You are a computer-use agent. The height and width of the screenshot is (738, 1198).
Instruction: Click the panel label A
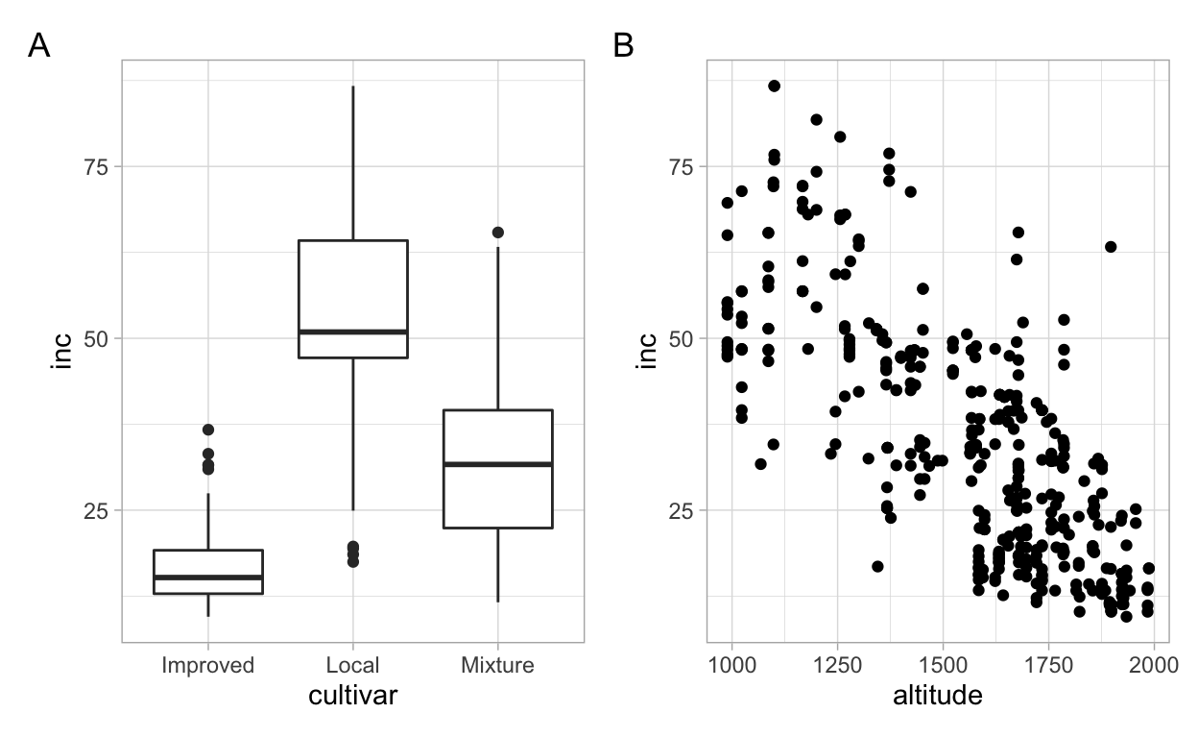[x=38, y=45]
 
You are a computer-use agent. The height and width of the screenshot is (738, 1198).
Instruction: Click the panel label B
[x=623, y=45]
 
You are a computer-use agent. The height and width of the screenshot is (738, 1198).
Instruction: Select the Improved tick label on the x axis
[x=207, y=665]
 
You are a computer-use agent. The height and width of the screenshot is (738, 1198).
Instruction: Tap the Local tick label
[x=352, y=665]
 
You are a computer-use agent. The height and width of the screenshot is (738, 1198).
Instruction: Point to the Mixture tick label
[x=497, y=665]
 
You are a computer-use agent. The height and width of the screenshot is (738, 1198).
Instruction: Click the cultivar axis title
[x=352, y=697]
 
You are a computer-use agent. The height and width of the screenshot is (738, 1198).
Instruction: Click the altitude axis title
[x=938, y=697]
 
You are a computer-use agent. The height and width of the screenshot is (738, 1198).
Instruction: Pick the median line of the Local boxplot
[x=352, y=332]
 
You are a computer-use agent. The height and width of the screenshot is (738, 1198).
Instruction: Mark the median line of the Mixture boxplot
[x=497, y=464]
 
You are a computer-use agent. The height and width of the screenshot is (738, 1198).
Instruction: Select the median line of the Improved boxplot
[x=207, y=578]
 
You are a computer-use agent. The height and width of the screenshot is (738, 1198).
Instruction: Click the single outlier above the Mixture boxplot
[x=497, y=233]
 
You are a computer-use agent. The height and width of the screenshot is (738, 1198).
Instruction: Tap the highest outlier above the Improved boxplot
[x=207, y=430]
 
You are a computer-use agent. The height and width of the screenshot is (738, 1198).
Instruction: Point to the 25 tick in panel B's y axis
[x=683, y=510]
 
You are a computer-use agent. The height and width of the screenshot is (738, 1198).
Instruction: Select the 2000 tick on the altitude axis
[x=1154, y=665]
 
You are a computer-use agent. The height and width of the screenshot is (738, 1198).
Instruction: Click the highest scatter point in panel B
[x=774, y=86]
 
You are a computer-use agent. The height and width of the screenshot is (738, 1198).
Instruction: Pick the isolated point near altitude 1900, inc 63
[x=1111, y=247]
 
